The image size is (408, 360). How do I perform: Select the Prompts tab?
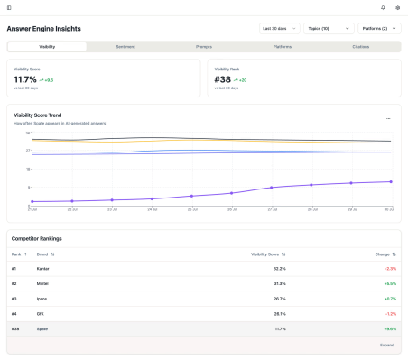tap(204, 46)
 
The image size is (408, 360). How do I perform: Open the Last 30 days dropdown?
tap(279, 28)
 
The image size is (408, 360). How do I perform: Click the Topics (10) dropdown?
tap(329, 28)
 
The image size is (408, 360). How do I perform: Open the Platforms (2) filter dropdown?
tap(379, 28)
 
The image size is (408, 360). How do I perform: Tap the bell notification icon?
tap(383, 7)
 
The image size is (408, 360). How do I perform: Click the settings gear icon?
tap(397, 7)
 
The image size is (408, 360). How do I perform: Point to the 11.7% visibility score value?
tap(25, 79)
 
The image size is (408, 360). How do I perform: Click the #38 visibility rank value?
tap(223, 79)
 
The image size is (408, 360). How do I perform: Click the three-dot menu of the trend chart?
tap(388, 118)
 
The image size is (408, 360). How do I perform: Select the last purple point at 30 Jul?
tap(391, 181)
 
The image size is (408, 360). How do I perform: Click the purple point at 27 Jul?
tap(272, 188)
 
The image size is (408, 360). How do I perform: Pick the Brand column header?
tap(46, 254)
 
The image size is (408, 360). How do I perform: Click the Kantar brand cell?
tap(43, 269)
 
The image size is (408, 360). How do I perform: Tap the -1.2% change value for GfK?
tap(390, 312)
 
